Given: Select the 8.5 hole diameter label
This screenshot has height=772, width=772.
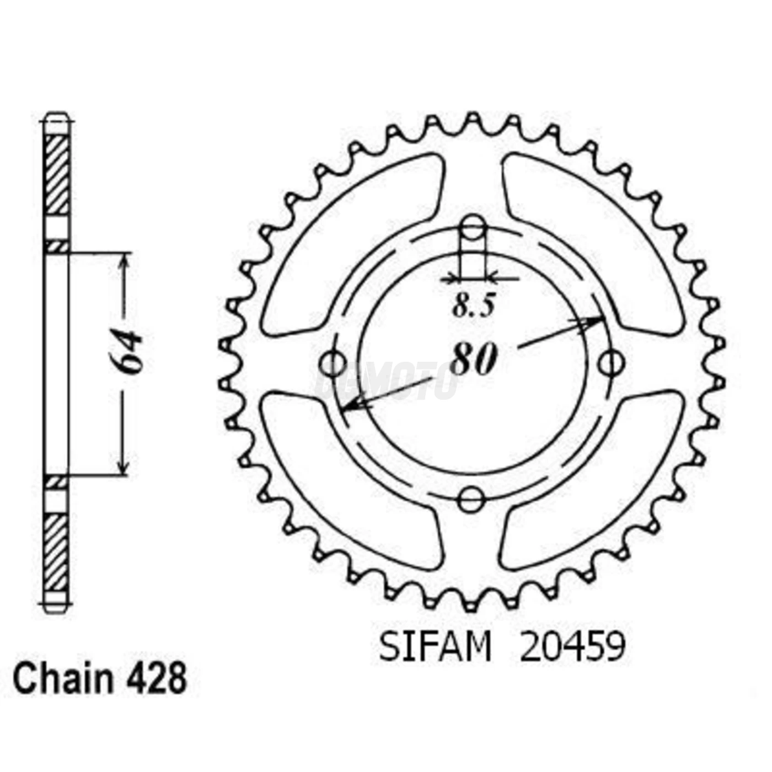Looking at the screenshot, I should [474, 305].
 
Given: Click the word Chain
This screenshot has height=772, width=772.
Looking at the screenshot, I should [62, 679].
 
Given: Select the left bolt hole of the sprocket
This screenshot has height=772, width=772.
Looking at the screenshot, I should [333, 363].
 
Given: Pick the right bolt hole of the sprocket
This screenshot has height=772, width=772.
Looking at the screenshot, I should [612, 363].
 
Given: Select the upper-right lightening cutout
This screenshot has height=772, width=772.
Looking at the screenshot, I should [593, 243].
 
